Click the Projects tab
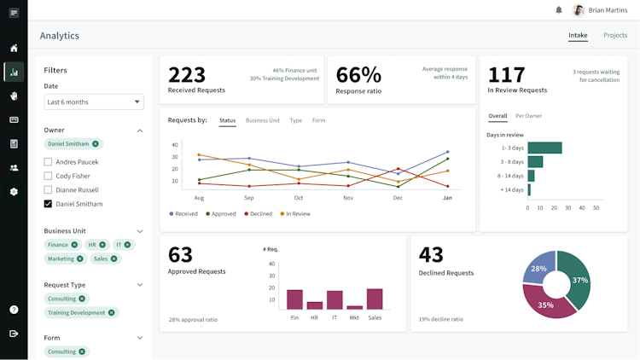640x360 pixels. [x=614, y=35]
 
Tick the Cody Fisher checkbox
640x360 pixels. [x=49, y=176]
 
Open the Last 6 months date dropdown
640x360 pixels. [x=95, y=102]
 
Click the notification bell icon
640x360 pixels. [x=559, y=10]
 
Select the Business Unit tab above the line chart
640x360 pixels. [x=263, y=120]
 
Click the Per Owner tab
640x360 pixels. [x=528, y=116]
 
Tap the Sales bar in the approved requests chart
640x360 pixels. [x=375, y=299]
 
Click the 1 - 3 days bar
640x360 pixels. [x=544, y=148]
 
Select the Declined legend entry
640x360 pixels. [x=259, y=213]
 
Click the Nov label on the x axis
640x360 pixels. [x=348, y=198]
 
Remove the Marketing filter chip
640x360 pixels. [x=80, y=258]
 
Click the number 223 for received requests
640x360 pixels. [x=187, y=74]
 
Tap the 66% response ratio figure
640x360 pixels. [x=358, y=74]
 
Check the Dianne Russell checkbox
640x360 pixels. [x=49, y=190]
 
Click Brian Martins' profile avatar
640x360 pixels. [x=578, y=10]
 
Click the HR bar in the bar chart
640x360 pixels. [x=315, y=305]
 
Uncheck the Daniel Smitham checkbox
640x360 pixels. [x=49, y=204]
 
